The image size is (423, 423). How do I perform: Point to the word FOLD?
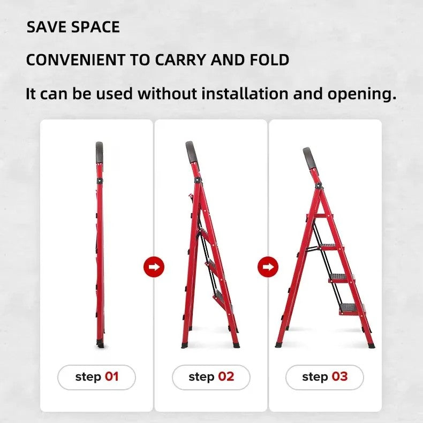click(269, 59)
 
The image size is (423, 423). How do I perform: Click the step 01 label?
click(96, 377)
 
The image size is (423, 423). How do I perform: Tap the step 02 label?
click(211, 377)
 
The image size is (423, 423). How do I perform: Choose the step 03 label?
click(324, 377)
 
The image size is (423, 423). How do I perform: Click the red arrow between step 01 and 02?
click(154, 267)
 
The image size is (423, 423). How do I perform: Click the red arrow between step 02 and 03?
click(268, 267)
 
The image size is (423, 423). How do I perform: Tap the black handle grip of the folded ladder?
click(99, 153)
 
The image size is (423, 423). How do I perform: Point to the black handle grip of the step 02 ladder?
click(192, 152)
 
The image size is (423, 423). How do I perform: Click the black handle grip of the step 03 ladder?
click(309, 158)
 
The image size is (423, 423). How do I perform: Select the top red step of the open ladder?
click(321, 216)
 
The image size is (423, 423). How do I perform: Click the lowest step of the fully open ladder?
click(352, 308)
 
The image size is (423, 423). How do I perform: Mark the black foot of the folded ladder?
click(100, 345)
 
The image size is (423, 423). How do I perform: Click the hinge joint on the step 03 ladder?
click(319, 186)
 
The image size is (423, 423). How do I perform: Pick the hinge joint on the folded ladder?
click(100, 181)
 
